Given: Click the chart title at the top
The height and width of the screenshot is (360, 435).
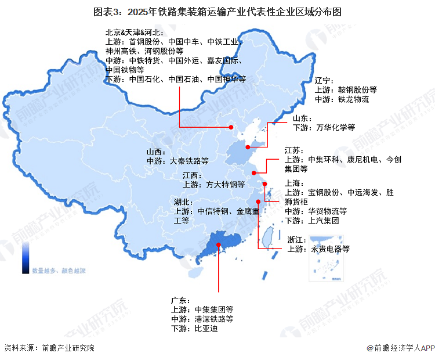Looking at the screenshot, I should [x=217, y=12].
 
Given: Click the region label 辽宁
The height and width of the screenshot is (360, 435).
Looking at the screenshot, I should [x=324, y=81].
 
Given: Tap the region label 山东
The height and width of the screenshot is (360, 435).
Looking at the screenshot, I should [x=302, y=117].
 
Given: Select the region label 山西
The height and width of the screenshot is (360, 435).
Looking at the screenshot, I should [x=155, y=152].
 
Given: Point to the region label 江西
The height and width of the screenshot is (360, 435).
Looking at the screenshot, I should [x=191, y=175].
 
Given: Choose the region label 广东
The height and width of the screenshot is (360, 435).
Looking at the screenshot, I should [x=180, y=300].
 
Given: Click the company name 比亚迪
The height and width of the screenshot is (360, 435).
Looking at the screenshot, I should [x=206, y=329].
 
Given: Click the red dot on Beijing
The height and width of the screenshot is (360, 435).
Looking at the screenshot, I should [x=230, y=127].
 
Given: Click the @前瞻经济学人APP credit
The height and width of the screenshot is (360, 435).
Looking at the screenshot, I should [x=400, y=348].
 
